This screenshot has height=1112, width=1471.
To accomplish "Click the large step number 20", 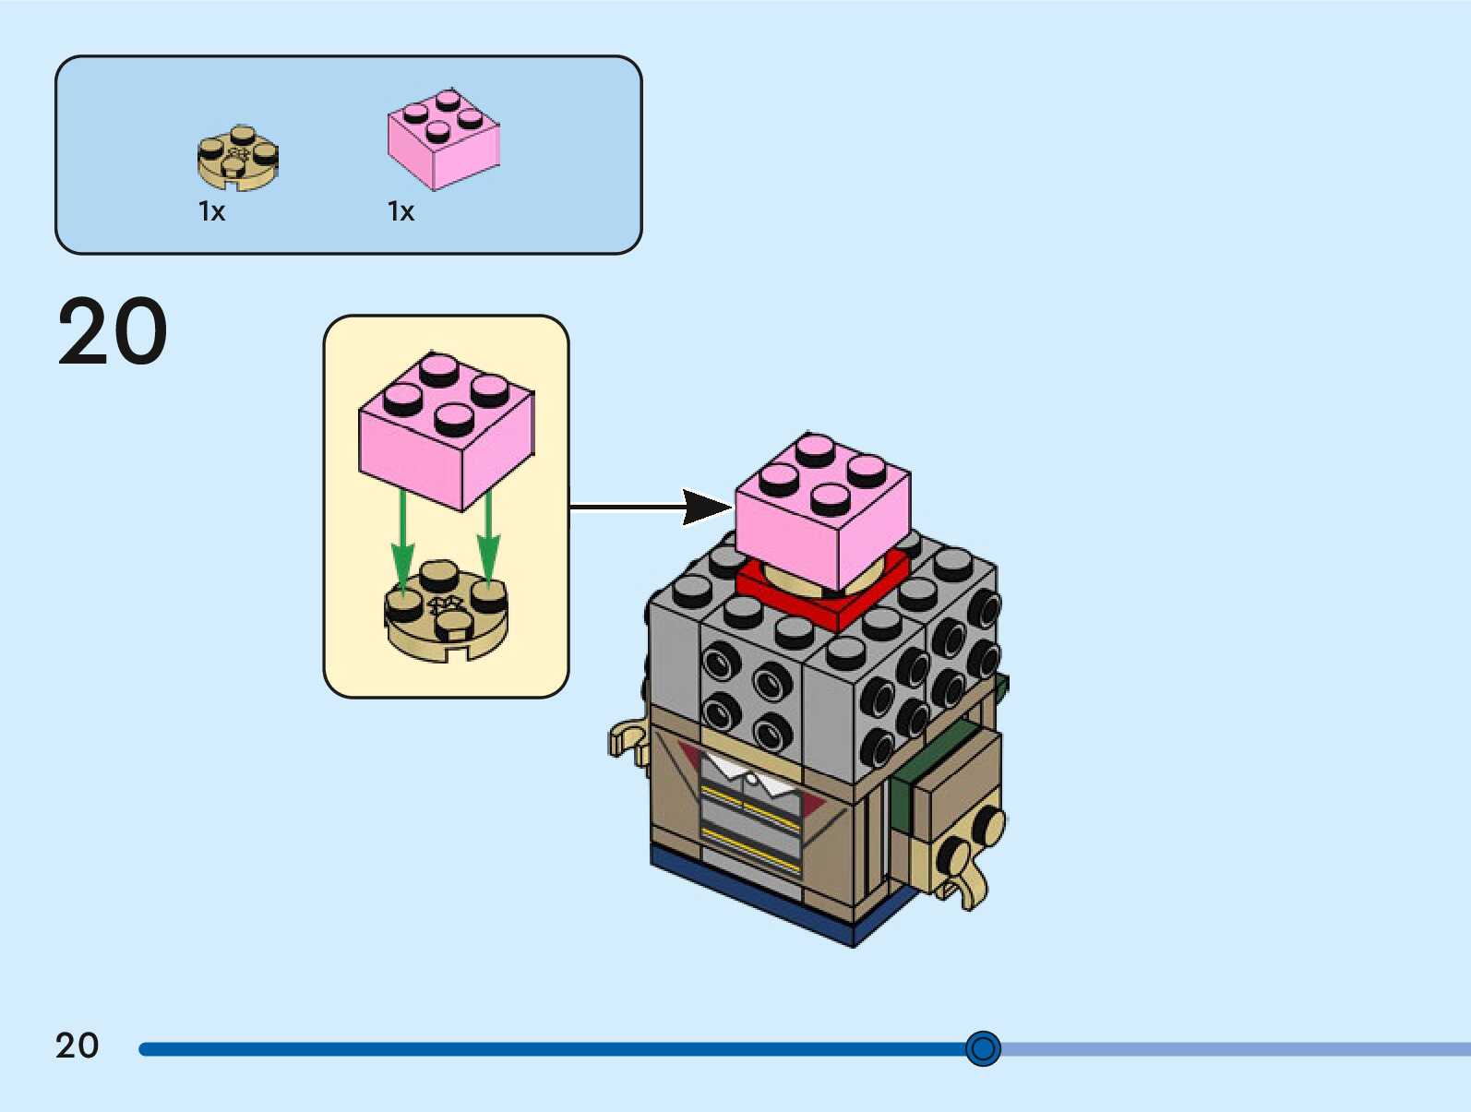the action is click(113, 331).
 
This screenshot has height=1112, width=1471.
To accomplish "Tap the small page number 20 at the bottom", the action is click(77, 1046).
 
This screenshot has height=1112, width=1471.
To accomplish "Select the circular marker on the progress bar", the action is click(983, 1048).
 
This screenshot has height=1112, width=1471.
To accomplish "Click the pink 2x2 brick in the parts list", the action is click(443, 139).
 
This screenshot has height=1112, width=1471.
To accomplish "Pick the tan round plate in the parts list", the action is click(238, 159).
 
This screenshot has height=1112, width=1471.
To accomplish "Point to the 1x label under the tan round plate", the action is click(211, 211).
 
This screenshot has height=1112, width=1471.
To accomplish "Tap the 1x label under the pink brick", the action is click(401, 211).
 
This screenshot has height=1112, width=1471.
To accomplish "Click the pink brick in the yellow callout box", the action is click(446, 429).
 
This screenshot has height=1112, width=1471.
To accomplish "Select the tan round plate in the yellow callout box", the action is click(446, 611).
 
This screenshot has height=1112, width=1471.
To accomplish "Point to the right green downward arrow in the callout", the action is click(488, 540).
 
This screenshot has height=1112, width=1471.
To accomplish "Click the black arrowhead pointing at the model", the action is click(707, 507).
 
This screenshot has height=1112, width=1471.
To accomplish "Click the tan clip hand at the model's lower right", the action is click(964, 867).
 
